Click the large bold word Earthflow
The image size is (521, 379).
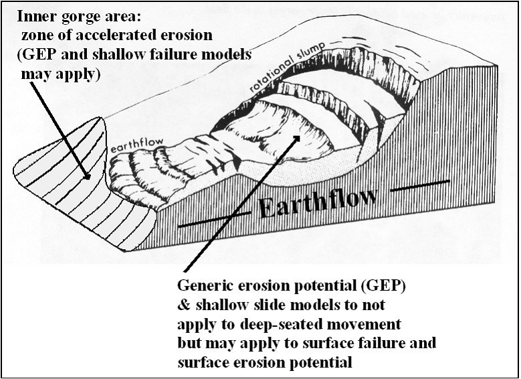[x=318, y=202]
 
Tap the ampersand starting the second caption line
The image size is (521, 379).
[x=184, y=306]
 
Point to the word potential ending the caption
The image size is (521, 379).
[x=322, y=362]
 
